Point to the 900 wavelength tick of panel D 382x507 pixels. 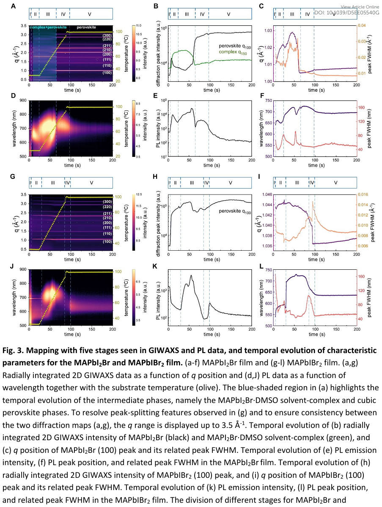point(21,101)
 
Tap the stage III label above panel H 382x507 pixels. point(192,183)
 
